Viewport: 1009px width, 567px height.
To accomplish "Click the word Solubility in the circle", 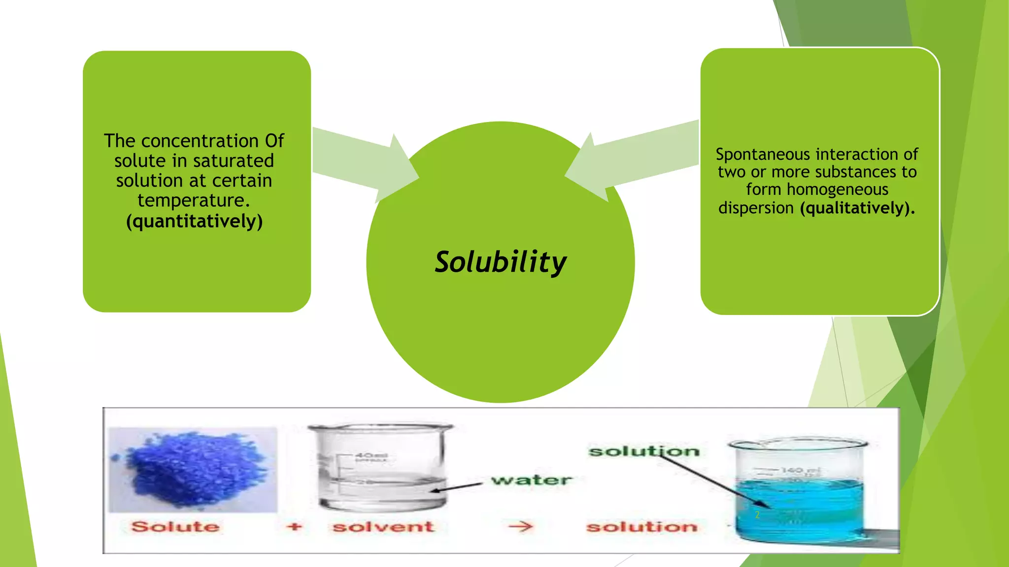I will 500,262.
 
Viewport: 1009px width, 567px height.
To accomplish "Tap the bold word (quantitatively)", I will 194,221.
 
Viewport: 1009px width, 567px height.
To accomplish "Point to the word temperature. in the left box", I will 194,201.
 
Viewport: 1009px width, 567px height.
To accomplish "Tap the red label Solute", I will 175,527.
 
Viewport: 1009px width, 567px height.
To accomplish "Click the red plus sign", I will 294,527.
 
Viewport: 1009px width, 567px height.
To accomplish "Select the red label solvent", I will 383,527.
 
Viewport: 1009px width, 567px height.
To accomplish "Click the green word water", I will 532,480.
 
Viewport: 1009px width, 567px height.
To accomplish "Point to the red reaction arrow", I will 520,527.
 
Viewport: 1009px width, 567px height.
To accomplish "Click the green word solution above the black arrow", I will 644,451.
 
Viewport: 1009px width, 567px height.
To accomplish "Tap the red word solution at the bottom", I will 642,527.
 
